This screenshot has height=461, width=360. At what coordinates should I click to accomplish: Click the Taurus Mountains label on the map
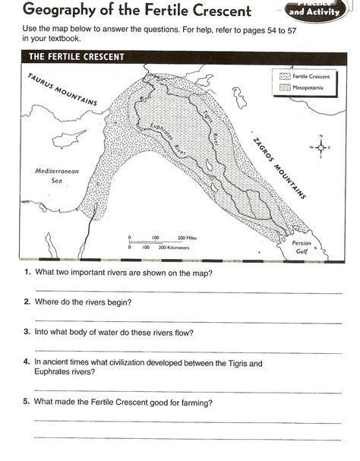(62, 90)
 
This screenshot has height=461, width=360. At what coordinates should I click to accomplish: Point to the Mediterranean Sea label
(57, 176)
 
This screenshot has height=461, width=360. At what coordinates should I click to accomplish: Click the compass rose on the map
(320, 147)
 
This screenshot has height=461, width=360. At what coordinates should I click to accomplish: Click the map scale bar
(160, 242)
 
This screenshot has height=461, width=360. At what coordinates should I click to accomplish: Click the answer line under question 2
(186, 321)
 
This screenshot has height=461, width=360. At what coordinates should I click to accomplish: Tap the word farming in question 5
(194, 402)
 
